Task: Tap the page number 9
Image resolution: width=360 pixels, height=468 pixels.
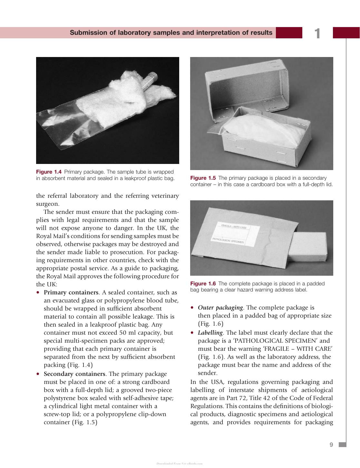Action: pos(331,445)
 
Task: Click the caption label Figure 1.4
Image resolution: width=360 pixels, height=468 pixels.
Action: pos(49,172)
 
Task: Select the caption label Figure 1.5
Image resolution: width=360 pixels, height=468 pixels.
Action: pos(203,178)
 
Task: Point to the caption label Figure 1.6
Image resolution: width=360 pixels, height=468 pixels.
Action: pos(203,283)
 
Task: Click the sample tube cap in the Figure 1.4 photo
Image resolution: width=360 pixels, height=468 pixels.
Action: pos(152,75)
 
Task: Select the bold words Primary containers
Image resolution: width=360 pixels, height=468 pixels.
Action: pos(71,292)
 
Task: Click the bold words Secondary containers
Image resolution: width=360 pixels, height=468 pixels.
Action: pos(74,374)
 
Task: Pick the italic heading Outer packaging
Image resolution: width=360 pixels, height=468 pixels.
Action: pos(220,308)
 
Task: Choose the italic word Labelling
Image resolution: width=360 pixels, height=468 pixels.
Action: pos(210,333)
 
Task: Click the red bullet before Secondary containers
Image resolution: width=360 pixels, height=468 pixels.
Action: pos(38,374)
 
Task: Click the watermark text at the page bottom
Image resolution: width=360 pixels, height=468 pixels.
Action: pos(180,463)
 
